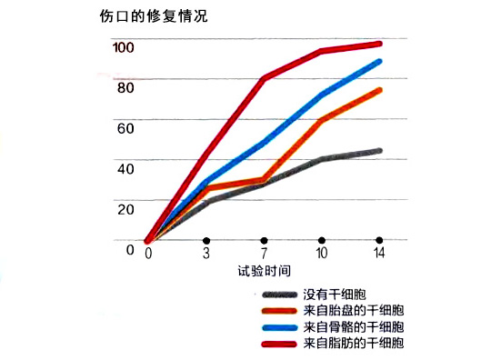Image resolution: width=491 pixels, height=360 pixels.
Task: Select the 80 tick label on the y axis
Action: click(x=125, y=87)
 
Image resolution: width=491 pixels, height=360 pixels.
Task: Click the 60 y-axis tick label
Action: click(x=125, y=128)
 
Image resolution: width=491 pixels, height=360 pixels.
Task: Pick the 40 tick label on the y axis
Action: click(x=125, y=168)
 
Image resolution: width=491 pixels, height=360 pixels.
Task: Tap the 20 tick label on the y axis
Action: click(x=125, y=208)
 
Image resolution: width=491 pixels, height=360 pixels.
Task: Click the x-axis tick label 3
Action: click(x=206, y=254)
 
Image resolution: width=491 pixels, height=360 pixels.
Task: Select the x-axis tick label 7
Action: click(x=264, y=254)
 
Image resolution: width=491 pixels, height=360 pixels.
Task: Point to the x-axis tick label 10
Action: click(x=322, y=254)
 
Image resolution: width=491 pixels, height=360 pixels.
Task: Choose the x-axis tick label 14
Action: click(x=379, y=254)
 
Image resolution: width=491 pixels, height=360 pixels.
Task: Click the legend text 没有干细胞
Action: click(x=332, y=295)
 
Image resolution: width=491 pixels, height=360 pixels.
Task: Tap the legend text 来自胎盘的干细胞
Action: click(x=353, y=311)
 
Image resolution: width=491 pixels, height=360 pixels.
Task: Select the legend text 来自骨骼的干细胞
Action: click(x=353, y=326)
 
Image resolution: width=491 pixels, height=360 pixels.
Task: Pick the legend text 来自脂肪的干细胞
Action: click(x=353, y=343)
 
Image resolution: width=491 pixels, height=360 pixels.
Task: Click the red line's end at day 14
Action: click(x=379, y=44)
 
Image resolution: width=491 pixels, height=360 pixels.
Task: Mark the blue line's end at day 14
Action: click(x=379, y=62)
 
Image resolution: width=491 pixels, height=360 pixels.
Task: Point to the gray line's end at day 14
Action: click(x=379, y=151)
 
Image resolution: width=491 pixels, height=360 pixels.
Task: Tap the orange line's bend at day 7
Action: click(x=264, y=180)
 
